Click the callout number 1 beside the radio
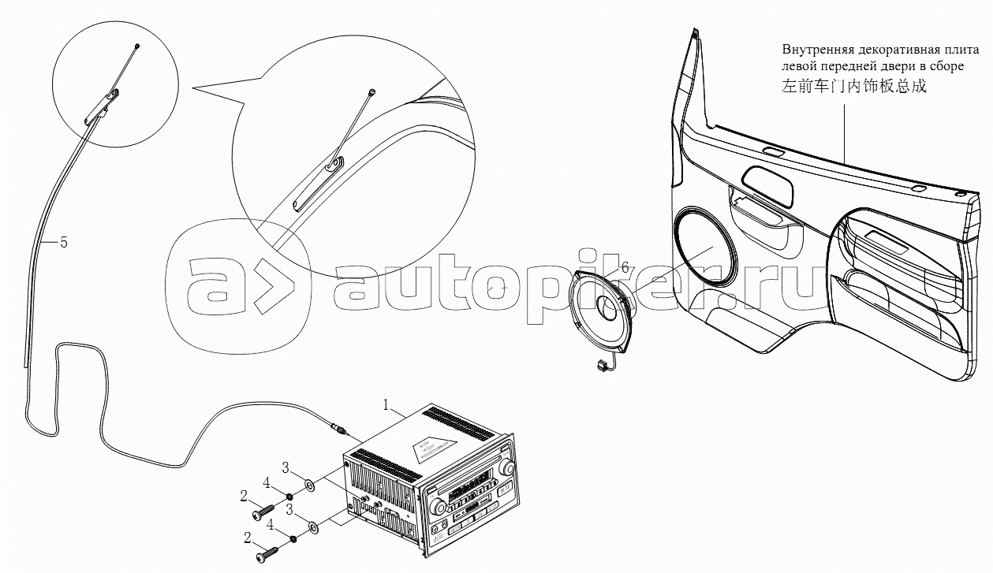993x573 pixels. coord(386,405)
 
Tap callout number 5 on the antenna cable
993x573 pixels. coord(64,243)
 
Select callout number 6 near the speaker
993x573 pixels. coord(625,268)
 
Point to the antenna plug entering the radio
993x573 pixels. coord(340,430)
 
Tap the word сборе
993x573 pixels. coord(945,67)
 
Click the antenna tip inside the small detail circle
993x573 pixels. coord(137,47)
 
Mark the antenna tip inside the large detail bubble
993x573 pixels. coord(371,93)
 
